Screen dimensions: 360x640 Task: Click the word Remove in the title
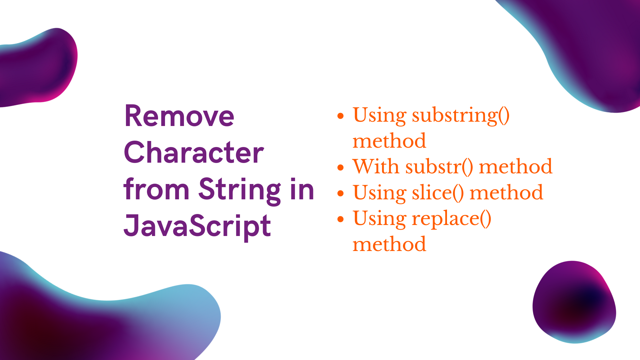pos(179,116)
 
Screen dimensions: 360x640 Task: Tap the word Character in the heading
pos(194,153)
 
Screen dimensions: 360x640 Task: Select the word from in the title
pos(156,189)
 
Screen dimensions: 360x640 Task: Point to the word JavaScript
pos(197,226)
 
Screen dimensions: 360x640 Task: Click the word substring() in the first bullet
pos(461,115)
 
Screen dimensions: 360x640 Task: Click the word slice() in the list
pos(438,193)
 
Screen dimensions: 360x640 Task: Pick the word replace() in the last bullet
pos(451,219)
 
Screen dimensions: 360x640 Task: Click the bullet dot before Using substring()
pos(340,116)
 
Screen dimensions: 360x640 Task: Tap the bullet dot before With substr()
pos(340,167)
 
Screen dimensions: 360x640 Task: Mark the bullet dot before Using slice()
pos(340,193)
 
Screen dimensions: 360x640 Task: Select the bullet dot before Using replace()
pos(340,219)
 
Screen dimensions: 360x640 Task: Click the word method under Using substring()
pos(389,141)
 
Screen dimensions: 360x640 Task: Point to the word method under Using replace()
pos(389,244)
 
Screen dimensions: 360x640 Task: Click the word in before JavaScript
pos(302,189)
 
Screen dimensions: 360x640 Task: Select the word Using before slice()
pos(379,193)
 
